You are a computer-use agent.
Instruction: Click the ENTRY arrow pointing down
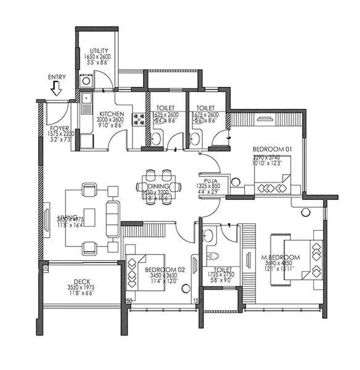[57, 90]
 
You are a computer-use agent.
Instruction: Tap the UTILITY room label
[99, 50]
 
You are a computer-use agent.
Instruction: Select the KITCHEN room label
[112, 115]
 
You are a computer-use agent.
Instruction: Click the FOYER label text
[60, 129]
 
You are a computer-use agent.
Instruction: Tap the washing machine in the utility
[86, 81]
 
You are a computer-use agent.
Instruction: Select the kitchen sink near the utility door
[86, 99]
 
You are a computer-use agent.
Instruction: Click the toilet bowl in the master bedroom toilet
[212, 254]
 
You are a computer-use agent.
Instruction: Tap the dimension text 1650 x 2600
[99, 57]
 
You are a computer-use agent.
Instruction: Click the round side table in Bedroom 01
[235, 181]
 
